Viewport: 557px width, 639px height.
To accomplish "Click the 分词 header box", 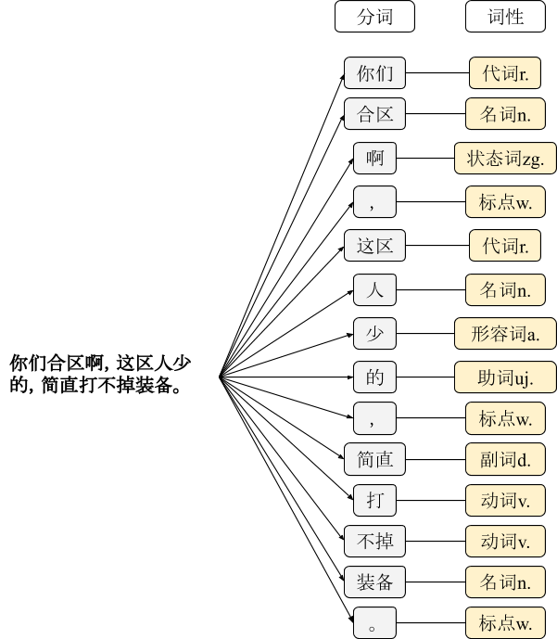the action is point(374,18).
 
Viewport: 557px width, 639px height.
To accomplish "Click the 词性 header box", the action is point(505,18).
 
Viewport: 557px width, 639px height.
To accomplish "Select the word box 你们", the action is point(374,73).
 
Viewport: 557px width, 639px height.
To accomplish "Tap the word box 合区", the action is point(374,115).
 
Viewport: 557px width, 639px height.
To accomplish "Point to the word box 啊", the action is point(374,159).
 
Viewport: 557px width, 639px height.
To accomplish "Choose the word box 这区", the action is point(374,246).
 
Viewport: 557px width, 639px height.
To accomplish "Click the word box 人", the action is point(374,290).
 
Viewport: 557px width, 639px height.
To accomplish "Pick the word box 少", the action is point(374,333).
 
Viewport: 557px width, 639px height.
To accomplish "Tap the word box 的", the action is point(374,377).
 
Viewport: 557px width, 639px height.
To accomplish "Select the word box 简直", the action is point(374,458).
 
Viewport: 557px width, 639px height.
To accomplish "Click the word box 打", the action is point(374,501).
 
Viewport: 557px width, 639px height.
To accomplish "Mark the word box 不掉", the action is point(374,540).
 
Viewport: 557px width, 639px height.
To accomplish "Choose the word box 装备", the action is point(374,582).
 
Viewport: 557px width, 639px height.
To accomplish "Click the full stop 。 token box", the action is point(374,623).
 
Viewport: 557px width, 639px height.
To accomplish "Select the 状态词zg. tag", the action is point(505,159).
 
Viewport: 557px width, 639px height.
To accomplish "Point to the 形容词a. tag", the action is point(505,333).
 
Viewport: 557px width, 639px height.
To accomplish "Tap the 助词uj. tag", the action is point(505,377).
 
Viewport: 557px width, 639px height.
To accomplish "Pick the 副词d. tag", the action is point(505,458).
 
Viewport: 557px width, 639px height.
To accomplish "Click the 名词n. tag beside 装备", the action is point(505,582).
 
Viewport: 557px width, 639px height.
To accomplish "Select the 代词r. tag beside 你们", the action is point(505,73).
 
